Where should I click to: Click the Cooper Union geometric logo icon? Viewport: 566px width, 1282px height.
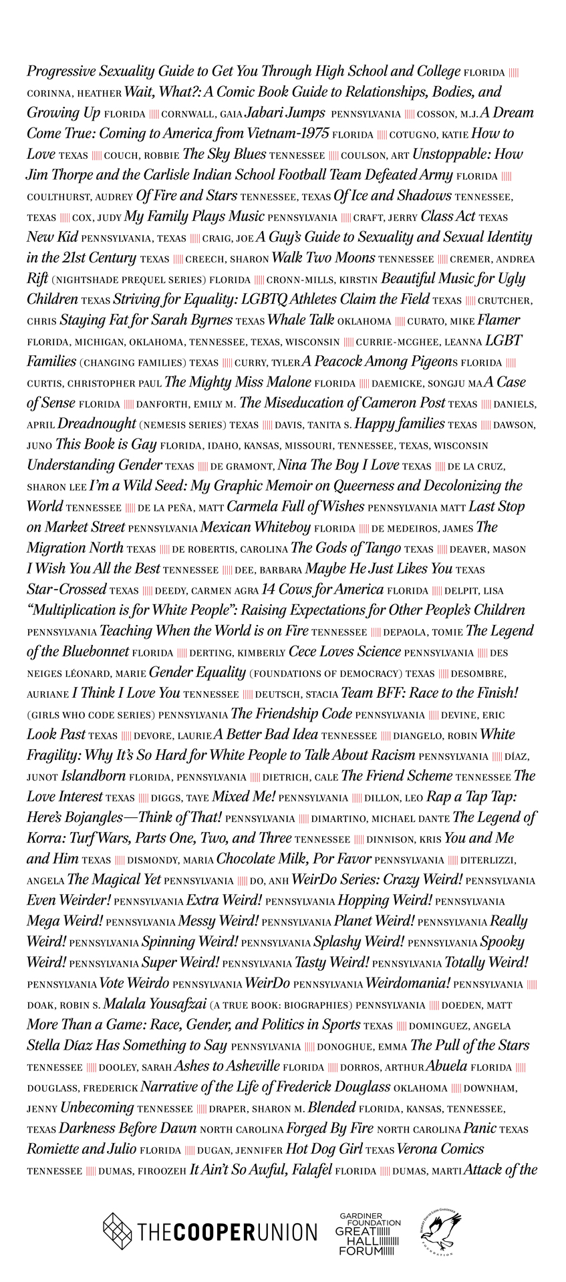[117, 1231]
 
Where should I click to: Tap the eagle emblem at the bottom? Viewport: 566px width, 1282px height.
[441, 1231]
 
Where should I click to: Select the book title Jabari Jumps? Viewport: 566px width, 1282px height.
[285, 113]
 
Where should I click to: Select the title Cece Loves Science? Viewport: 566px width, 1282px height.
[345, 652]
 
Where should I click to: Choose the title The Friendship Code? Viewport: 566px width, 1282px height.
[291, 714]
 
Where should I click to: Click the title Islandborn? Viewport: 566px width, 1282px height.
[94, 776]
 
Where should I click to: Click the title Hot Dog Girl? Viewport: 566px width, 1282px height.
[324, 1149]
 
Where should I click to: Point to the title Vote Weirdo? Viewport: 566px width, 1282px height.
[134, 984]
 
